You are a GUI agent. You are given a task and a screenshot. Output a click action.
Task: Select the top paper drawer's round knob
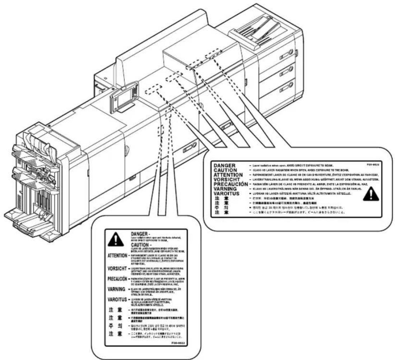[291, 54]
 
